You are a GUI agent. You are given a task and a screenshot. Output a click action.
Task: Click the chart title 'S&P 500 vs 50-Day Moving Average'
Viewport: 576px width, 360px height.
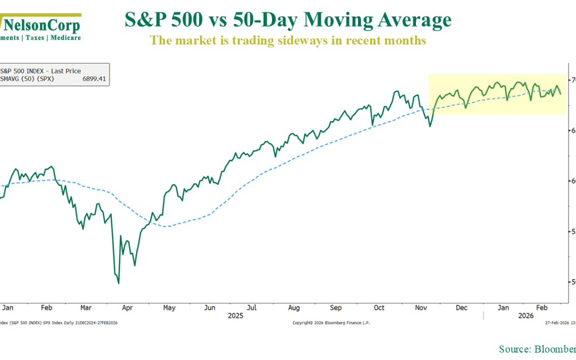288,20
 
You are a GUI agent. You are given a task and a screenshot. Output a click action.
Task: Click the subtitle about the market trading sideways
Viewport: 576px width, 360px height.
288,40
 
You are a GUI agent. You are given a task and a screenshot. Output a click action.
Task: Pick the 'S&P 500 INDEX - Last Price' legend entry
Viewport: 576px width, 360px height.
41,70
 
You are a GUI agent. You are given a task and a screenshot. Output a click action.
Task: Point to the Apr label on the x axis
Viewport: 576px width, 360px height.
127,308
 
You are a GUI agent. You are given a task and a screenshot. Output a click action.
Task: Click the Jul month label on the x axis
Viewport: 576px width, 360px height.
252,308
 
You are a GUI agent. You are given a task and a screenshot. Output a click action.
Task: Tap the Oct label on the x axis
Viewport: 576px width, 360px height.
379,308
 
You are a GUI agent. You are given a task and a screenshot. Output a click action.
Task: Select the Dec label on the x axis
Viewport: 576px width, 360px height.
461,308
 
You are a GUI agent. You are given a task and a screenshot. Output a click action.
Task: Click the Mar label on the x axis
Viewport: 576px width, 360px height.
86,308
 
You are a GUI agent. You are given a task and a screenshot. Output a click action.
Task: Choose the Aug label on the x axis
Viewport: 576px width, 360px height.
294,308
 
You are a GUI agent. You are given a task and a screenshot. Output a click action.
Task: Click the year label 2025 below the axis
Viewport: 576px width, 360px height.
235,316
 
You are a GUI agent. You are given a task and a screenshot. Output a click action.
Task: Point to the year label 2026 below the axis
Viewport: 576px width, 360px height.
526,316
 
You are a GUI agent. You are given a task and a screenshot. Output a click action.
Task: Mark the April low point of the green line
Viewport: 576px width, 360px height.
118,283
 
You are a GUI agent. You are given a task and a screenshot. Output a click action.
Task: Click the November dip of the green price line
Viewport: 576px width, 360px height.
430,126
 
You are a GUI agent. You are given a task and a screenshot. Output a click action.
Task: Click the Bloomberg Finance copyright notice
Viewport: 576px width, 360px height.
331,323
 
